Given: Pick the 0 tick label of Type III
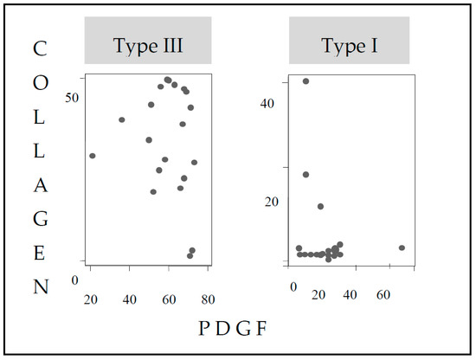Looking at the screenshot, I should [x=75, y=280].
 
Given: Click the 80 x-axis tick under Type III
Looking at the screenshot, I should [x=208, y=300].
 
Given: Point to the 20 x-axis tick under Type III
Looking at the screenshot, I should [x=90, y=300].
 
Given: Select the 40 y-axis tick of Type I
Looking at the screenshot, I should [x=267, y=103].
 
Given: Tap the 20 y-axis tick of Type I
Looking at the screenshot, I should [x=267, y=201].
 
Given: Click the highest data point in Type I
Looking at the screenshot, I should [x=306, y=81].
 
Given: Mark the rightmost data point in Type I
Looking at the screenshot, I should [x=402, y=247].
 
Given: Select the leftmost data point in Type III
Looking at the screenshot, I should [x=92, y=156].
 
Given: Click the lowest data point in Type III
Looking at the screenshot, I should [x=190, y=256].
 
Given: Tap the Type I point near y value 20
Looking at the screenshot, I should [x=320, y=206].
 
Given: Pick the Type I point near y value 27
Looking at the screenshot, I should [x=306, y=174].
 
